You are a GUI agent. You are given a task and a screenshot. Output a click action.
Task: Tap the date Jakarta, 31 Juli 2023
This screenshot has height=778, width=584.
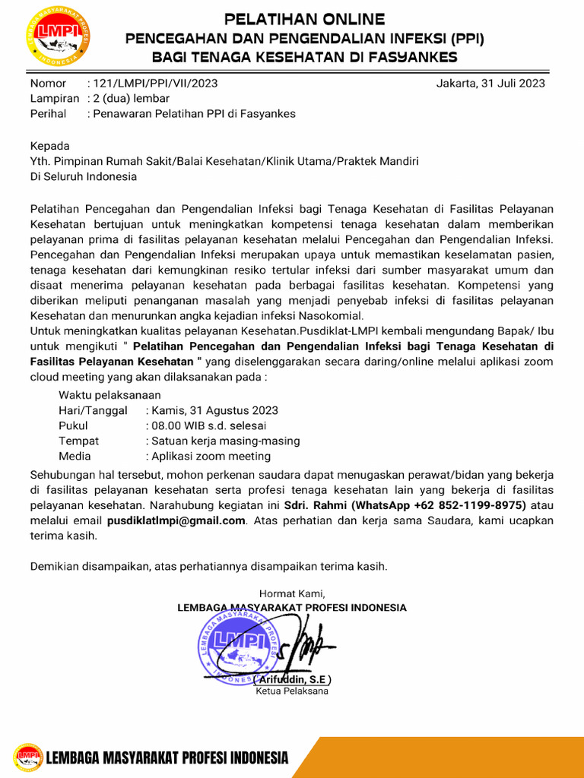(490, 84)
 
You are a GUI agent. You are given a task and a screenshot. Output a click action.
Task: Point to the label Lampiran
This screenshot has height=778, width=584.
(54, 99)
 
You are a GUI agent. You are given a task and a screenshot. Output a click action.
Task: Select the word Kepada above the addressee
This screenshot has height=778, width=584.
(49, 146)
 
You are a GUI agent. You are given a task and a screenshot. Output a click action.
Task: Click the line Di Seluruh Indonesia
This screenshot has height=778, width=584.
(84, 176)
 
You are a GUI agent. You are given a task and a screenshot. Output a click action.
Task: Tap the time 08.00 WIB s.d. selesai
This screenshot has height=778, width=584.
(208, 425)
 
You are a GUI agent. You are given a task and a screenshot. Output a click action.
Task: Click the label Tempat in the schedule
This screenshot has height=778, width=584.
(78, 441)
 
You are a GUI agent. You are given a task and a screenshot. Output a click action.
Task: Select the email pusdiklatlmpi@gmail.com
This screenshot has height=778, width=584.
(176, 520)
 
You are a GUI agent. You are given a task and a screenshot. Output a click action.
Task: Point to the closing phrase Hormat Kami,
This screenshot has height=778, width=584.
(292, 593)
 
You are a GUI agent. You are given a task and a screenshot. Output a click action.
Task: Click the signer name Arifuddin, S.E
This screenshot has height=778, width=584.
(292, 679)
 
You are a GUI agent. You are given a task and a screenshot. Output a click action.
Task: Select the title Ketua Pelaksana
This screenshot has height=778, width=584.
(292, 691)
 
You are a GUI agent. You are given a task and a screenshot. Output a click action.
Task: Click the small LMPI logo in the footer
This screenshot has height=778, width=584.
(29, 757)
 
